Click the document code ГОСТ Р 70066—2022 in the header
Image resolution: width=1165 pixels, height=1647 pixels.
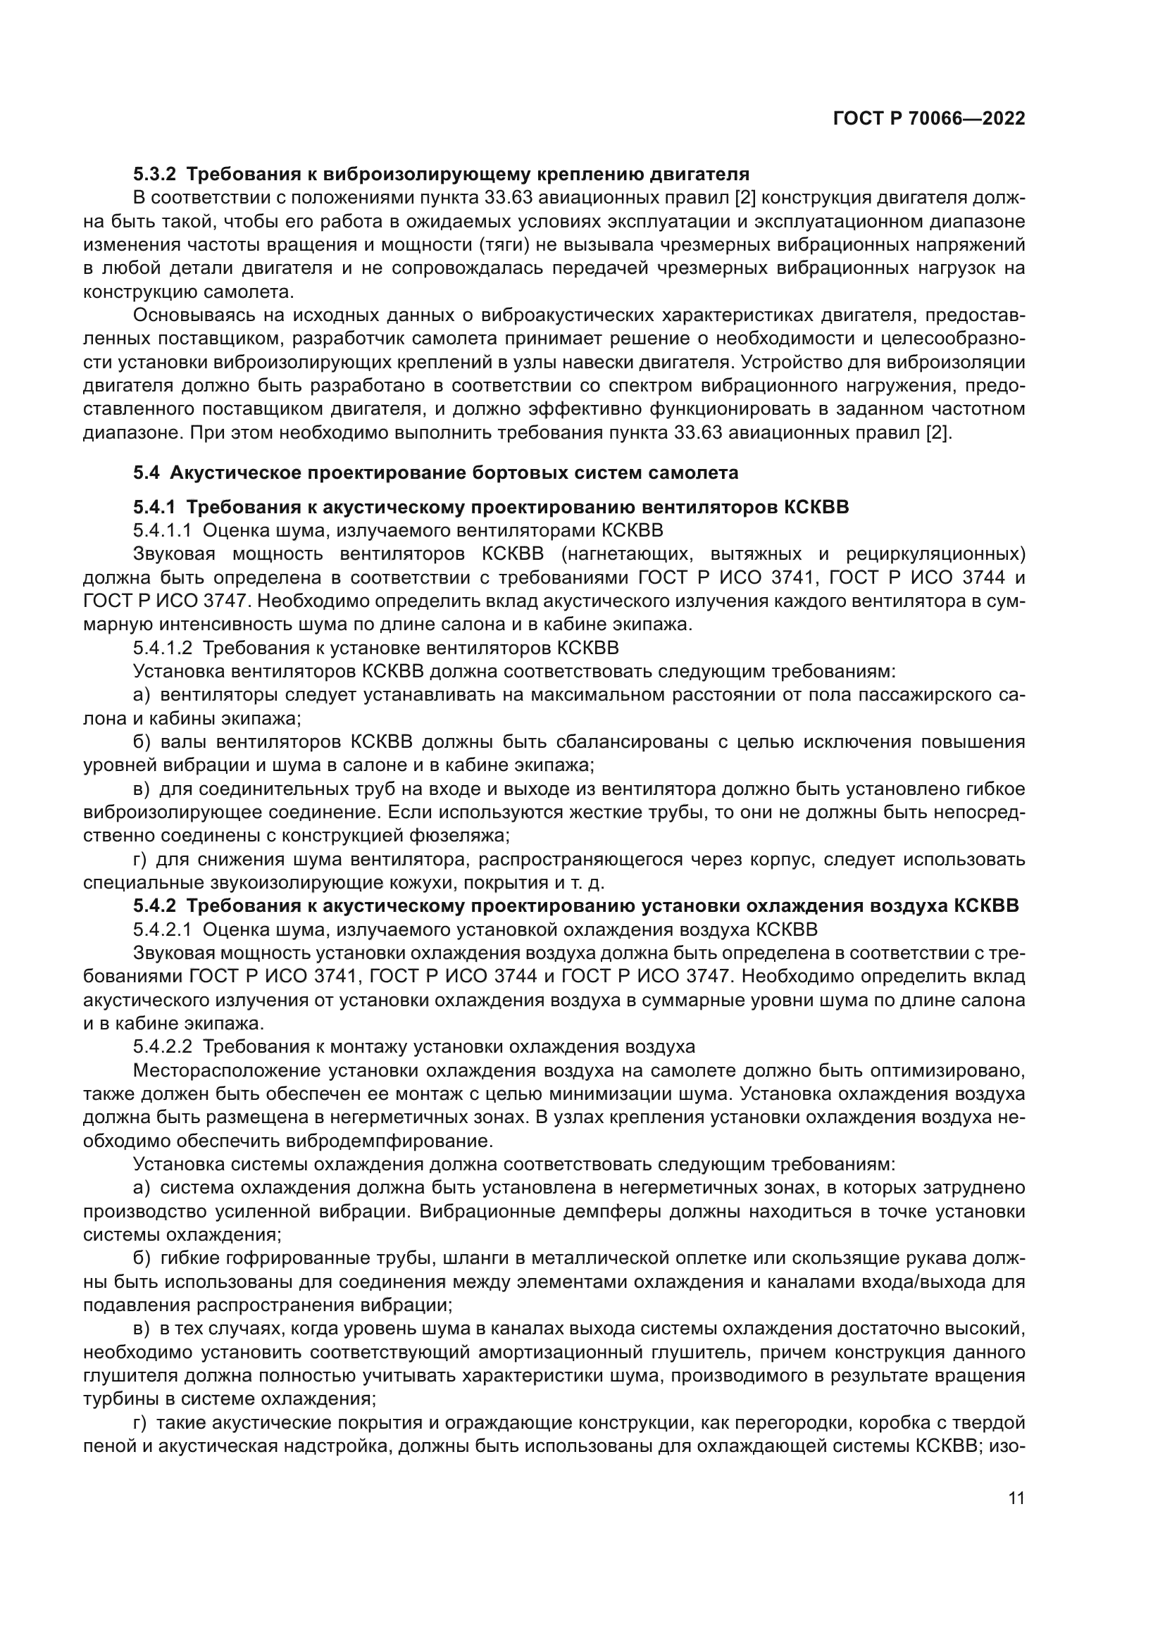929,118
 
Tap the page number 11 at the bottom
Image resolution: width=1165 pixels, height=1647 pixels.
1016,1498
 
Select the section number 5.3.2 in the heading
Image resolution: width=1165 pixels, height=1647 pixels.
154,175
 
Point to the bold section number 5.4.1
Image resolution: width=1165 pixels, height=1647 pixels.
154,507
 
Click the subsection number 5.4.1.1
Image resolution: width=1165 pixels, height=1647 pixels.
162,531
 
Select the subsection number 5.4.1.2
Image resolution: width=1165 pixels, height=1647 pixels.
162,648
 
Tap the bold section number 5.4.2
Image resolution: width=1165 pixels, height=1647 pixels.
154,906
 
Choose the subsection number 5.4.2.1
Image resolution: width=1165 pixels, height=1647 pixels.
162,929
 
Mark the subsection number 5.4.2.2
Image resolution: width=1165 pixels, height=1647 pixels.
162,1046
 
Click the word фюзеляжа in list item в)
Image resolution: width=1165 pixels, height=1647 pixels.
468,836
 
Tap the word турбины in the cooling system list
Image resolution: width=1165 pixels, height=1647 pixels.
116,1399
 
